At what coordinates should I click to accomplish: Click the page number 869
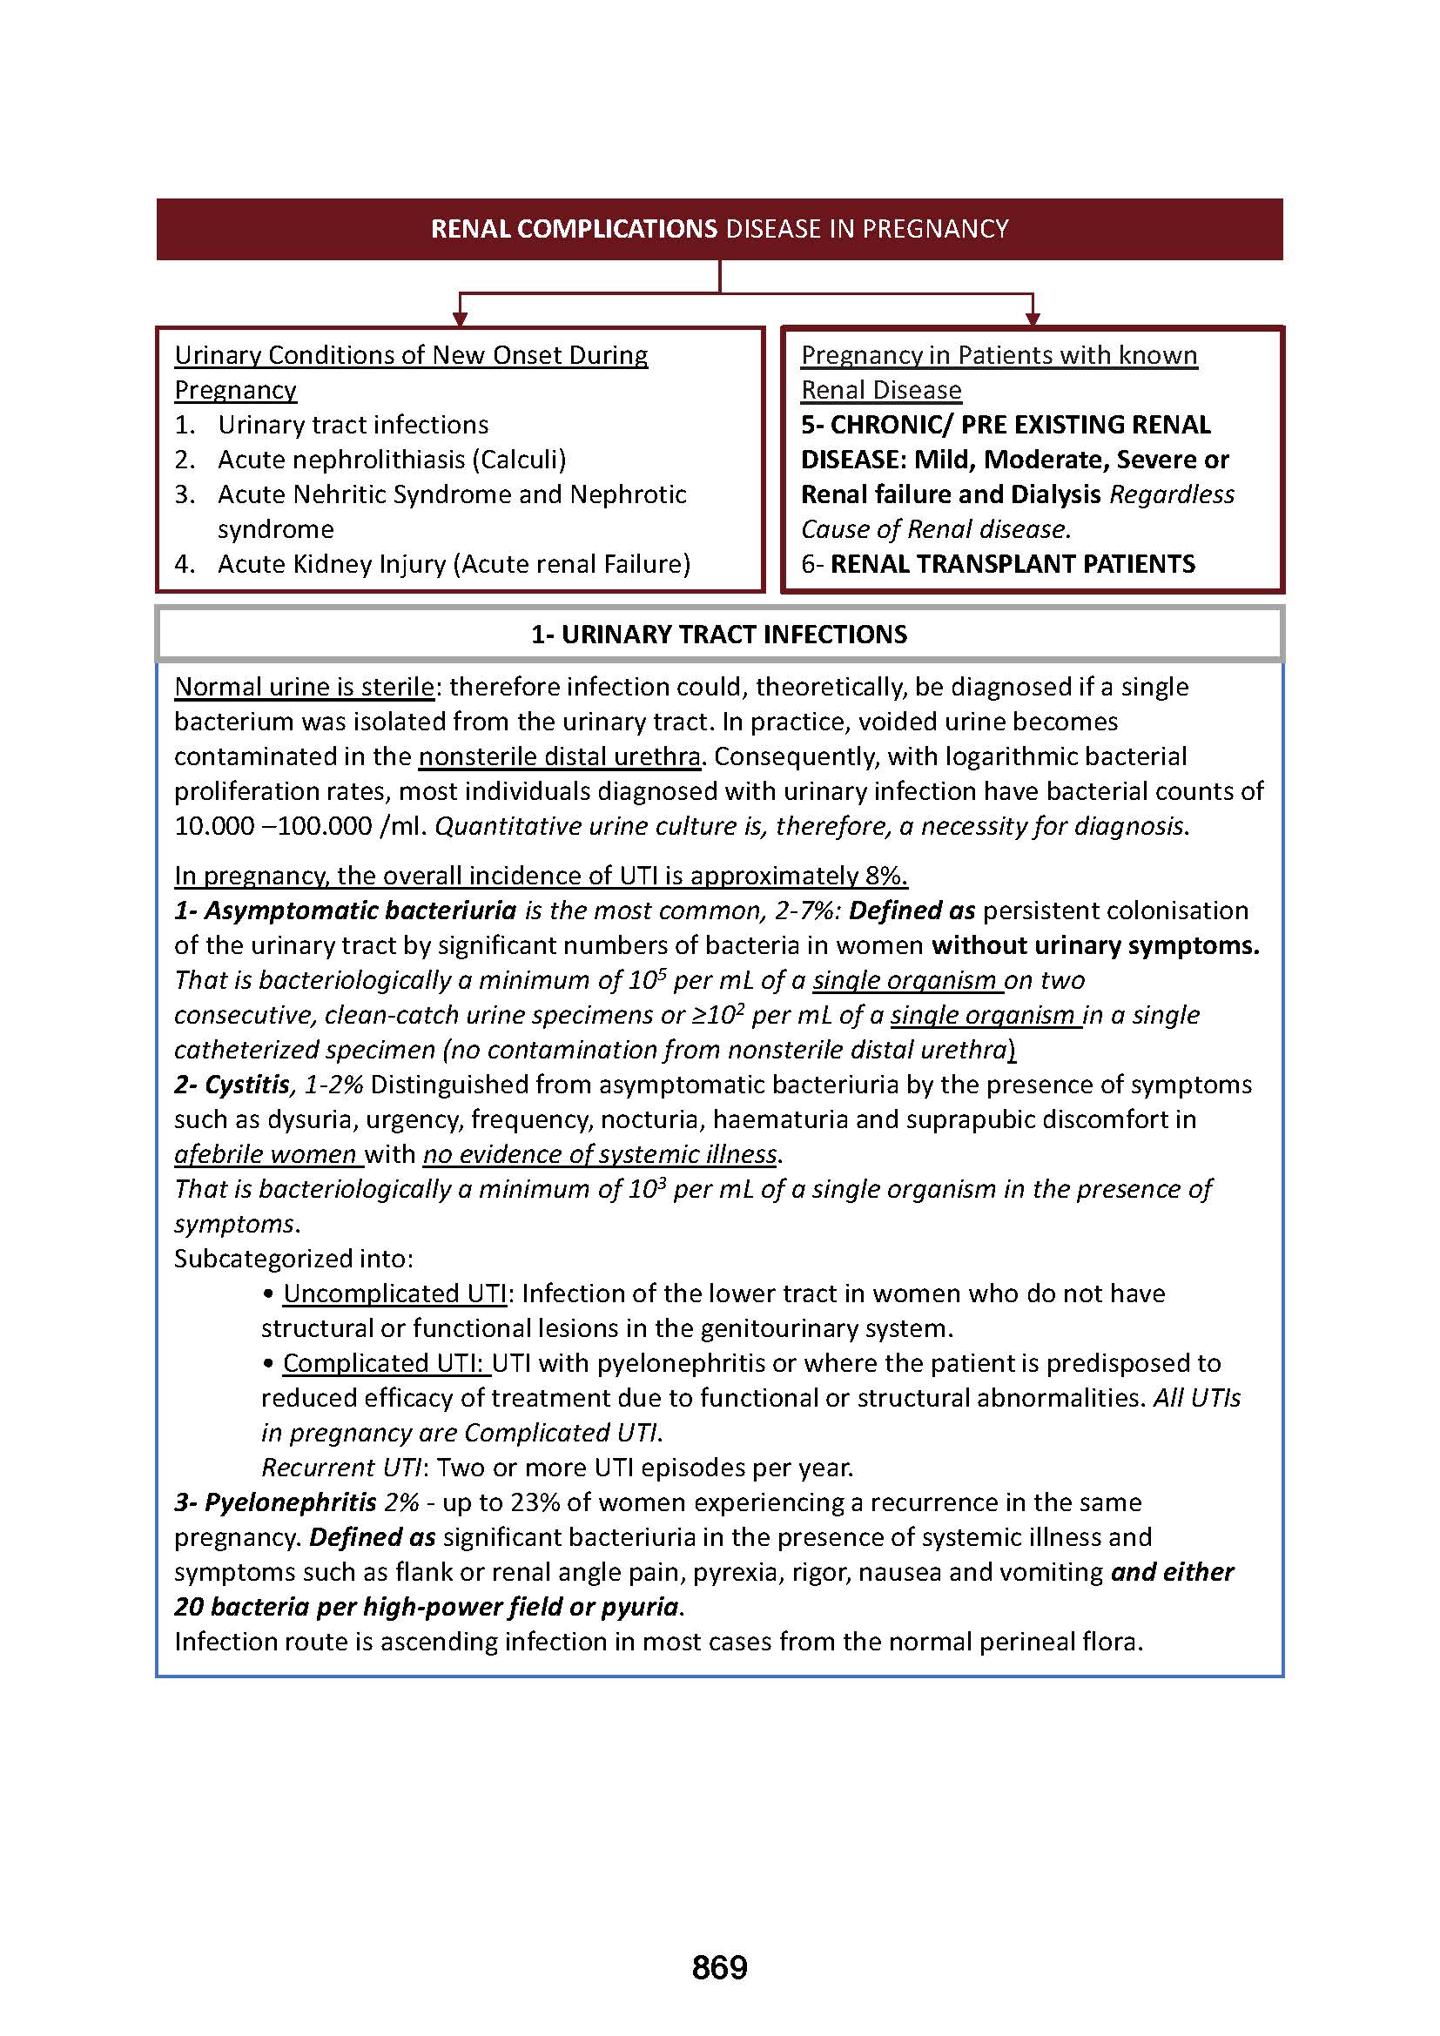pos(719,1967)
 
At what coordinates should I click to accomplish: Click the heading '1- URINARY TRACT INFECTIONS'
pos(719,634)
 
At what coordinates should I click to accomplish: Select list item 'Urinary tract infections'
pos(353,425)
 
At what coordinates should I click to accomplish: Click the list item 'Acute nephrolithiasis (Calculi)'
pos(391,460)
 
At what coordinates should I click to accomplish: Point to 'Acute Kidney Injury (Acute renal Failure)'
pos(453,564)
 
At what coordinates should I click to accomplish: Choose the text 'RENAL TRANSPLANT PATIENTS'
pos(1013,564)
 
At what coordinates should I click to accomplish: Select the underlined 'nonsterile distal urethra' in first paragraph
pos(560,756)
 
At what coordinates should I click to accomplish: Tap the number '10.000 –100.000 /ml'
pos(300,826)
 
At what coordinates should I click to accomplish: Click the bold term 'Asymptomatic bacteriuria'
pos(360,910)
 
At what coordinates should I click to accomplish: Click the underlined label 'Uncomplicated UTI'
pos(394,1293)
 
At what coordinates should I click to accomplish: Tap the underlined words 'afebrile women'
pos(266,1154)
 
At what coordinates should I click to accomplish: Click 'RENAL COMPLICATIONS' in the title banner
pos(574,229)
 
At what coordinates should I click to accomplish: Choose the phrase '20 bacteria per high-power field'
pos(369,1607)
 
